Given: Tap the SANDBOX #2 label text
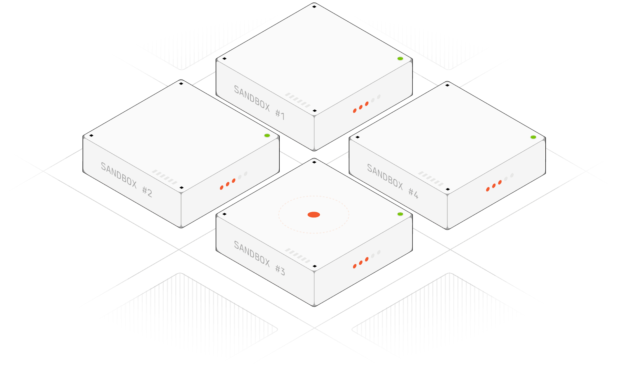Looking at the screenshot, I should point(126,180).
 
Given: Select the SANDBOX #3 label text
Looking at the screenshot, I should point(259,258).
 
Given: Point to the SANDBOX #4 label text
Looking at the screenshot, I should point(392,181).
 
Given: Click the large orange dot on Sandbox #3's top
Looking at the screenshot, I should point(313,215).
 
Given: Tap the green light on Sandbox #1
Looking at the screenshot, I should point(400,59).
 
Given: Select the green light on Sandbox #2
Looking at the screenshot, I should point(267,135).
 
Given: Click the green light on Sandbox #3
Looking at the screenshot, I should point(400,214).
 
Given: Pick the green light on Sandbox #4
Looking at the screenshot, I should point(533,137).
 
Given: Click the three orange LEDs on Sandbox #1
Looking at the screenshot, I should point(361,107).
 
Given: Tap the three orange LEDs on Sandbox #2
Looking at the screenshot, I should point(228,184).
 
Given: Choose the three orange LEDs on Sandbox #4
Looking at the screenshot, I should point(494,185).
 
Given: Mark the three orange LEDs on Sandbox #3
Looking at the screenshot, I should point(361,263).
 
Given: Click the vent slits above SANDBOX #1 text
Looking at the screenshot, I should point(298,100).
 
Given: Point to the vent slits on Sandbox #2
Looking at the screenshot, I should point(165,177).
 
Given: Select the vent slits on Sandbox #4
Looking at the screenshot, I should point(431,178).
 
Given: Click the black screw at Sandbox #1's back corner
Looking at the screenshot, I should point(314,6).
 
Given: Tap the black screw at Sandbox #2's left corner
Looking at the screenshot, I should point(91,135).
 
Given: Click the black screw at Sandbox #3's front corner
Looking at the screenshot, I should point(314,266).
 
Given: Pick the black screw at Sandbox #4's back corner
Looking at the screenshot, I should point(447,85).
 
